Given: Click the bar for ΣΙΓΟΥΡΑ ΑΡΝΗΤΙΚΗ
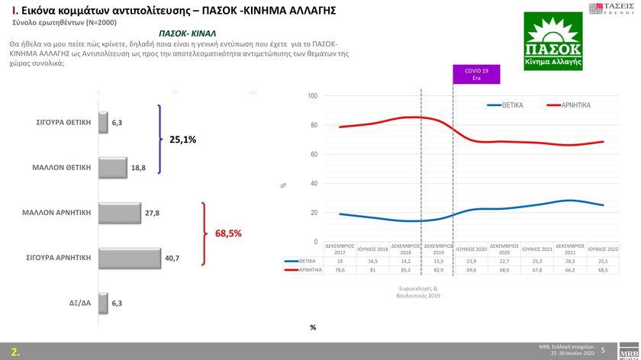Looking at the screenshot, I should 130,258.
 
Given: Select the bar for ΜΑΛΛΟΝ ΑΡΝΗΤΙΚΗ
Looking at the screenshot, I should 120,213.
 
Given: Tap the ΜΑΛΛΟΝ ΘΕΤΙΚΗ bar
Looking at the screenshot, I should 113,168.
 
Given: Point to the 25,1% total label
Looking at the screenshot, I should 183,140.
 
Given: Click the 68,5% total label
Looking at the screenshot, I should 228,233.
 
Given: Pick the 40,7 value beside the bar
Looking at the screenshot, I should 172,259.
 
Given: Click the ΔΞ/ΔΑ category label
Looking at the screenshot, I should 79,304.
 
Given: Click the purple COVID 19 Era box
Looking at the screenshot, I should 477,73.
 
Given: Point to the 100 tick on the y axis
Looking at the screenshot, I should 313,96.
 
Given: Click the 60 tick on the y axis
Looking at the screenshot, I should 314,155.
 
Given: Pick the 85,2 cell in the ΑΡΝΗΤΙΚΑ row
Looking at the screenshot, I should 406,270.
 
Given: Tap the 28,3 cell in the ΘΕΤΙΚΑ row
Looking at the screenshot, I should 569,260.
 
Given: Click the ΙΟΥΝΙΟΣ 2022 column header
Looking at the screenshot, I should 603,249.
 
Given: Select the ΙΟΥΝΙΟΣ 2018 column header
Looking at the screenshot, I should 373,249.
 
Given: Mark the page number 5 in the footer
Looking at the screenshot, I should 603,350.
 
